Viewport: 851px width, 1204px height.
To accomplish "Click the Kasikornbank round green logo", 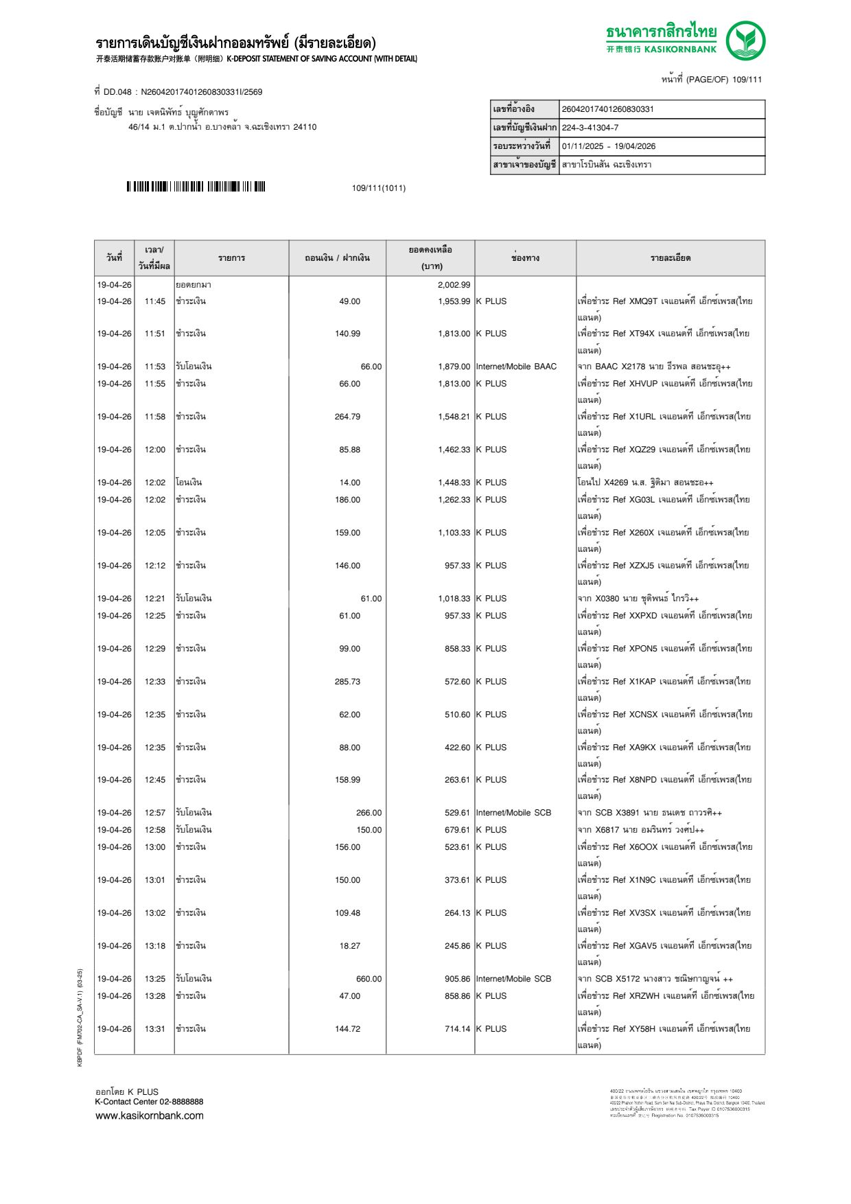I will (745, 40).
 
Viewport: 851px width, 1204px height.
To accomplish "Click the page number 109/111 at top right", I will (747, 80).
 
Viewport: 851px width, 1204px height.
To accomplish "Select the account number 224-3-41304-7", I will (590, 128).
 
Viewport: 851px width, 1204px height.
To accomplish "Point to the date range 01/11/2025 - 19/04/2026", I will (609, 146).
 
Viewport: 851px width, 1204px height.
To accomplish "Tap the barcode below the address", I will (196, 187).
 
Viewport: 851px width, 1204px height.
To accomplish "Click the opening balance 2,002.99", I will (454, 285).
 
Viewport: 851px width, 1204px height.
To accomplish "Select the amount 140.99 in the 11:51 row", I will (347, 334).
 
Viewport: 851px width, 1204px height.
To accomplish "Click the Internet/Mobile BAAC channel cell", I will (516, 367).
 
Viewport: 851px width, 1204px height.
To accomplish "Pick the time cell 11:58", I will (154, 417).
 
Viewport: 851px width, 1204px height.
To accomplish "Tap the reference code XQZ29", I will (642, 450).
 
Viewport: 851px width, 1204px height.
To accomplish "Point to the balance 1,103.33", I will (454, 533).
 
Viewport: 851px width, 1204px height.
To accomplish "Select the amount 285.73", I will (347, 682).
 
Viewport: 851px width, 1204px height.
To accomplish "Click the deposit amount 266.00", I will (369, 813).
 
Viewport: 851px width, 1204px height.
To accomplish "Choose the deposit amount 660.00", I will (369, 979).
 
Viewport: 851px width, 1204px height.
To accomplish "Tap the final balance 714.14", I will (457, 1029).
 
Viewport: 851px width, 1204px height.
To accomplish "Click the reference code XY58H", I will (642, 1029).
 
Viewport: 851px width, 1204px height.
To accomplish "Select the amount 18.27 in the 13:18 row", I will (349, 946).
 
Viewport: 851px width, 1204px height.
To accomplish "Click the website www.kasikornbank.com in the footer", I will (149, 1115).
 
